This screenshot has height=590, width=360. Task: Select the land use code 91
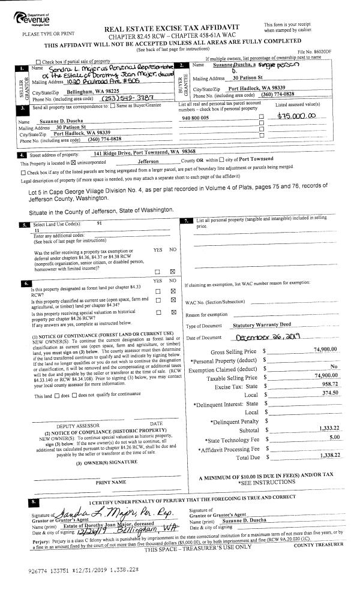99,222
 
